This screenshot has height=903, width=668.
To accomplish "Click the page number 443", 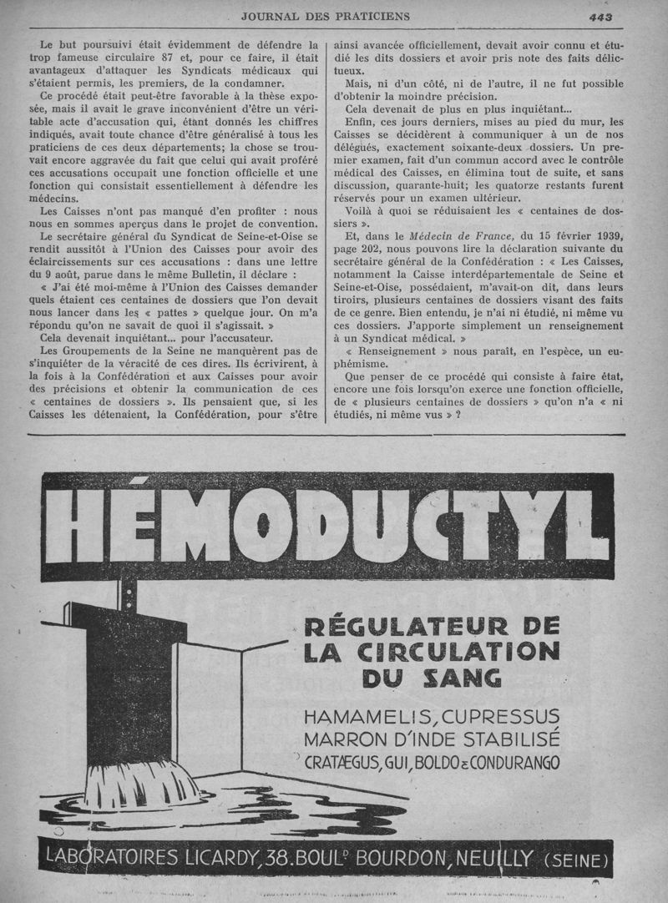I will pyautogui.click(x=600, y=16).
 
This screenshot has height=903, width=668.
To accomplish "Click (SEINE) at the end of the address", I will pyautogui.click(x=577, y=860).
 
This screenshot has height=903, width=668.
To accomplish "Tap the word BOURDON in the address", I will pyautogui.click(x=392, y=859).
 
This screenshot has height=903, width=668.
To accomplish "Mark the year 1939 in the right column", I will pyautogui.click(x=607, y=237).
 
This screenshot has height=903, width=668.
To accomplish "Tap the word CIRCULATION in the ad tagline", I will pyautogui.click(x=463, y=651).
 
